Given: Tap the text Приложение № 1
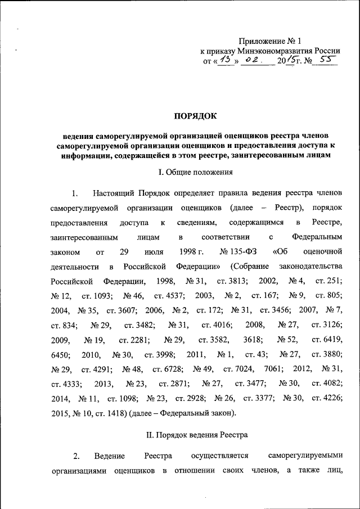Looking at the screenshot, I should pos(271,40).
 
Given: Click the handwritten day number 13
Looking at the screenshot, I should pos(225,60).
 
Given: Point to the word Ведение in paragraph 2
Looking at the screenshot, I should pos(109,455).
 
